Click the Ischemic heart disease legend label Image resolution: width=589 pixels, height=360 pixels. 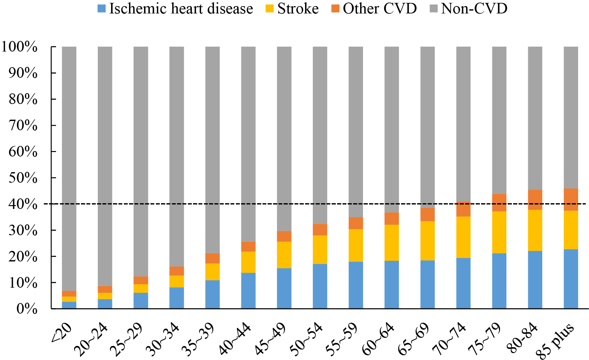tap(181, 9)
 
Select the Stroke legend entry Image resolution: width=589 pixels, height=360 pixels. tap(298, 9)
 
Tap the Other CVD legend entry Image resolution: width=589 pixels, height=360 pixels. tap(380, 9)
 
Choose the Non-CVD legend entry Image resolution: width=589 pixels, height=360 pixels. tap(474, 9)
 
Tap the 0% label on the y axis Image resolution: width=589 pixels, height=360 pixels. tap(27, 309)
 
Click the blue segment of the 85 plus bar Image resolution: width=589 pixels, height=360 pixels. tap(571, 279)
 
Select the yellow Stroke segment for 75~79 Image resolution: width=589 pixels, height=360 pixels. tap(499, 232)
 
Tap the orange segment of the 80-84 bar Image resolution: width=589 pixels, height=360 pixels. tap(535, 200)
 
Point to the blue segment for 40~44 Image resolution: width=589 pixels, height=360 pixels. tap(248, 291)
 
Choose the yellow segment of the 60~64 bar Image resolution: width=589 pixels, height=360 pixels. tap(392, 243)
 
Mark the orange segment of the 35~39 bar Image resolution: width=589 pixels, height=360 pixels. tap(213, 258)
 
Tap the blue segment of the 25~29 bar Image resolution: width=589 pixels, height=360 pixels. tap(141, 301)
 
